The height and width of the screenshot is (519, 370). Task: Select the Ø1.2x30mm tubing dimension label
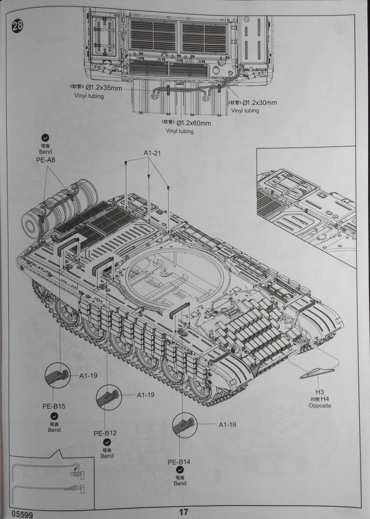(260, 103)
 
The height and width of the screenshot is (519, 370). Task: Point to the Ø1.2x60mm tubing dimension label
(193, 123)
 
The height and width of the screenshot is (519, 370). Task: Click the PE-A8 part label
(46, 160)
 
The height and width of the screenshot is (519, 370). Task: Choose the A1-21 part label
(152, 153)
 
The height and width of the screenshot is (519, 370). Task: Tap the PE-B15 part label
(54, 406)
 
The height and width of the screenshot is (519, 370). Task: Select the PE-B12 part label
(105, 433)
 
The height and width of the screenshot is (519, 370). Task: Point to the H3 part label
(319, 392)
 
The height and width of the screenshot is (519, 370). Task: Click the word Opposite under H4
(320, 406)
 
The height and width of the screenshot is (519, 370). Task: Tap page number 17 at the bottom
(184, 512)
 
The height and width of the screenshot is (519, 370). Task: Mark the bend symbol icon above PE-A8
(45, 138)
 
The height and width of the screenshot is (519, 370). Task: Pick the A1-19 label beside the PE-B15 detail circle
(88, 376)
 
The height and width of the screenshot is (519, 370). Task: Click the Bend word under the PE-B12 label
(107, 456)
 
